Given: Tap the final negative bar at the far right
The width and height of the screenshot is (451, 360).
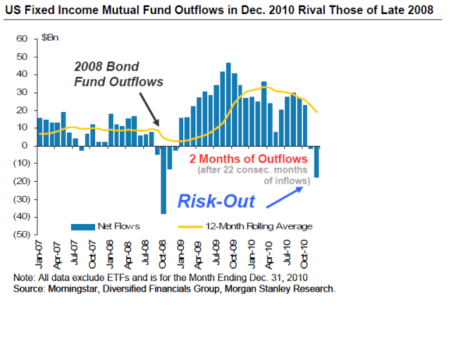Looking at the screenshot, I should click(x=317, y=161).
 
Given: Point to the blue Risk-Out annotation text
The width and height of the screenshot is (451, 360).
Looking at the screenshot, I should click(x=216, y=201).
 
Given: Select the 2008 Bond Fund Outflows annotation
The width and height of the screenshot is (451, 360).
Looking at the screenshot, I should click(x=118, y=74).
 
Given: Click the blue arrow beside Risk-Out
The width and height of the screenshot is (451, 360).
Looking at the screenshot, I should click(x=286, y=194).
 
